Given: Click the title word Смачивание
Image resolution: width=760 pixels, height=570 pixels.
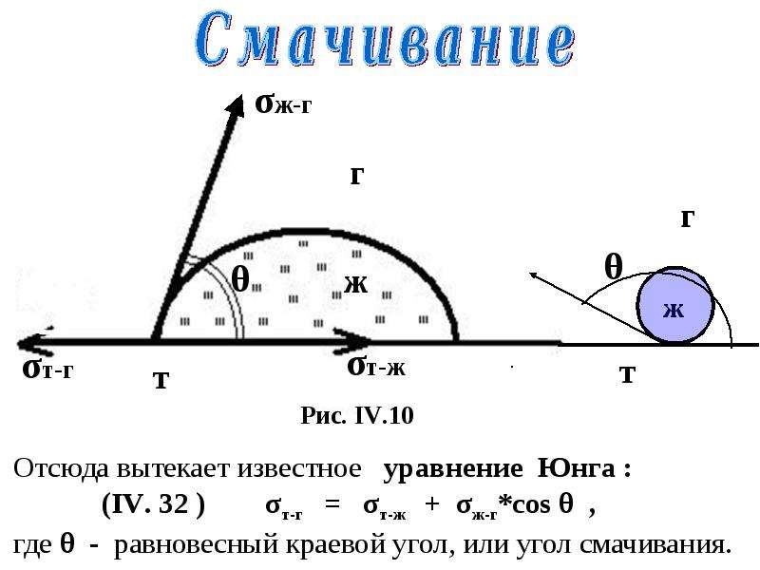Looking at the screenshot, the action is (386, 40).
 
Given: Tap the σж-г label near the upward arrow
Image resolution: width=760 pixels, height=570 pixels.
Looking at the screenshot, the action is (283, 104).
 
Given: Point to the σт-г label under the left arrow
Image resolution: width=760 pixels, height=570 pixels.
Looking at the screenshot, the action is (47, 370).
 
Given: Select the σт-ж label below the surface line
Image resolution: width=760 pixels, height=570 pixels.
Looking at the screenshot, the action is (376, 367).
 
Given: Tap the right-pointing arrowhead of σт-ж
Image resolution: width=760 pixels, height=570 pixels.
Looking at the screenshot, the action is (352, 342).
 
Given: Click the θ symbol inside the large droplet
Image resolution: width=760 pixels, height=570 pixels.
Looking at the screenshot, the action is (240, 279).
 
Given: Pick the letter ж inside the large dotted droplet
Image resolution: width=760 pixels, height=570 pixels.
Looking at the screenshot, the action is (356, 284).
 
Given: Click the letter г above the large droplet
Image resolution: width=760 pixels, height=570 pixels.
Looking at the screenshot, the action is (357, 176).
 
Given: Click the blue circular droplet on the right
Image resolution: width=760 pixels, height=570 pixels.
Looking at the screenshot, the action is (675, 305).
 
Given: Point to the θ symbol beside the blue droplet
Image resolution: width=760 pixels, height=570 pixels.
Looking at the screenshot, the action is (613, 266).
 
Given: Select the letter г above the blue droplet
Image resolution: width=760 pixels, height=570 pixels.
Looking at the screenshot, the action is (688, 218).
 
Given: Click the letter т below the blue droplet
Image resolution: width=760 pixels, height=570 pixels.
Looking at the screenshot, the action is (628, 374).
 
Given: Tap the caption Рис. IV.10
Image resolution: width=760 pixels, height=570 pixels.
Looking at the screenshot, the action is (357, 415).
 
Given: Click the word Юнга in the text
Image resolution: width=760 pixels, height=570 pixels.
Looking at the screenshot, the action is (577, 468).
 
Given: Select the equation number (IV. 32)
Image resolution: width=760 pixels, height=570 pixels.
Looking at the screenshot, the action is (154, 504).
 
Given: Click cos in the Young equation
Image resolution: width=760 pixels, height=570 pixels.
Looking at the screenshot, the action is (531, 505).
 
